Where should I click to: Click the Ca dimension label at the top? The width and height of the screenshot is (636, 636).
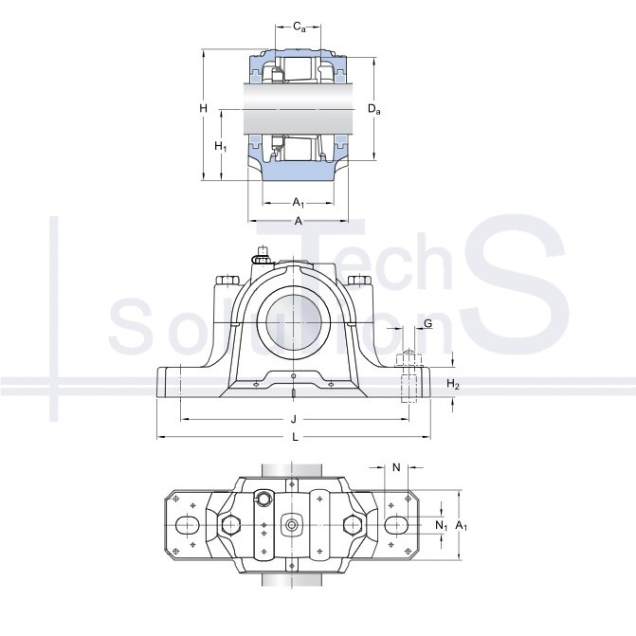pyautogui.click(x=299, y=27)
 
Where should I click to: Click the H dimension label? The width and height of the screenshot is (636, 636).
pyautogui.click(x=203, y=108)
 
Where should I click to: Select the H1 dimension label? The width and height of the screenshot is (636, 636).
pyautogui.click(x=220, y=146)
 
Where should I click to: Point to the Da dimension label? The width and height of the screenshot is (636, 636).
pyautogui.click(x=373, y=109)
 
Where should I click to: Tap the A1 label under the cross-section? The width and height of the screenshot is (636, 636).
pyautogui.click(x=299, y=203)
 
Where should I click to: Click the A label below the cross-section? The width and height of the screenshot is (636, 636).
pyautogui.click(x=299, y=221)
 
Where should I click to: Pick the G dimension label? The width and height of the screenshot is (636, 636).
pyautogui.click(x=427, y=323)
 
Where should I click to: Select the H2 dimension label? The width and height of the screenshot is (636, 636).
pyautogui.click(x=453, y=384)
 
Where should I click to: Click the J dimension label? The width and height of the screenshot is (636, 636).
pyautogui.click(x=294, y=419)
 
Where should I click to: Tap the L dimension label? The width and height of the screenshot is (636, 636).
pyautogui.click(x=296, y=437)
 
